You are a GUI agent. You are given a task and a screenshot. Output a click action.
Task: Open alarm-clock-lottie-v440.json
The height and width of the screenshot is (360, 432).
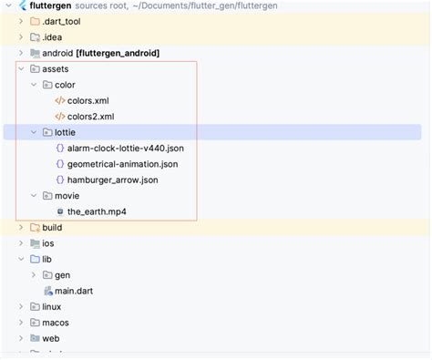coord(131,148)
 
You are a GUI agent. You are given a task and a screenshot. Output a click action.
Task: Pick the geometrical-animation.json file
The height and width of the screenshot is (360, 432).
coord(122,164)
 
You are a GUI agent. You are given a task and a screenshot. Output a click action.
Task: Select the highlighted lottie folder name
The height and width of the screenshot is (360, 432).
coord(54,132)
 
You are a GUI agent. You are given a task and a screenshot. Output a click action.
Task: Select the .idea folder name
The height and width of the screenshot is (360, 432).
coord(54,36)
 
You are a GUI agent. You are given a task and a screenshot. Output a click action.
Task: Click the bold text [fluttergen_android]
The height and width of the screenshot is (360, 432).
coord(121,53)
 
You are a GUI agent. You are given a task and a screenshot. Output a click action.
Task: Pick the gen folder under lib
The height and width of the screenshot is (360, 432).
coord(62,274)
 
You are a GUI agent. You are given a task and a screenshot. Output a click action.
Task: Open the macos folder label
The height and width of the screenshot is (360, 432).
coord(56,323)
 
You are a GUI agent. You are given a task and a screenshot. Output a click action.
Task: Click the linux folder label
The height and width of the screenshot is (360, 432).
coord(52,306)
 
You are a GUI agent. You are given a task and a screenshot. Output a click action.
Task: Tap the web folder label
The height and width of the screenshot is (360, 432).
coord(51,338)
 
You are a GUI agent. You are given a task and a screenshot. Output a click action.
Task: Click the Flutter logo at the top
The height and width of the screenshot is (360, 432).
coord(22,5)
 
